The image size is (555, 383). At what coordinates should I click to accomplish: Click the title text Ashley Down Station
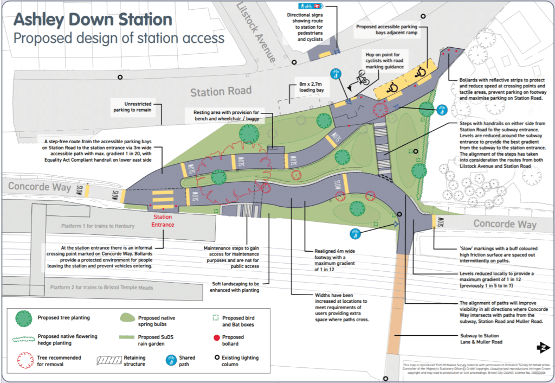click(93, 20)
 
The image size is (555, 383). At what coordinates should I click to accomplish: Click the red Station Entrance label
click(163, 220)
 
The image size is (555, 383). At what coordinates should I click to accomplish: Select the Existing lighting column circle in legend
click(217, 358)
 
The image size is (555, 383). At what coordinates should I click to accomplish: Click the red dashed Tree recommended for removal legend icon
click(24, 360)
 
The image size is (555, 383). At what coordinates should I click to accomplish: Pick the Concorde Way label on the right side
click(505, 224)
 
